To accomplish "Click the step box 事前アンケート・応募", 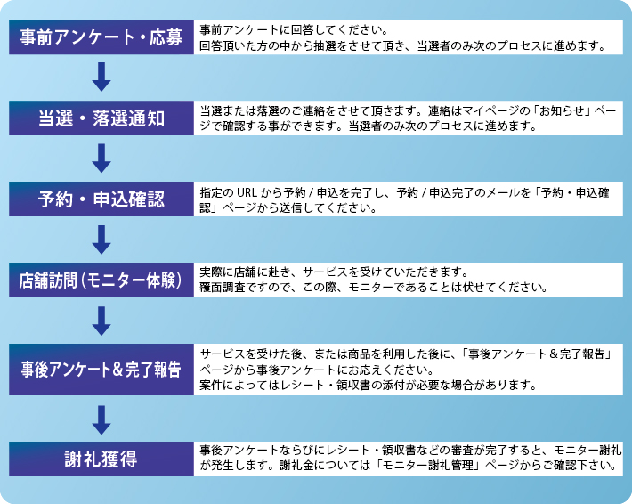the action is point(101,37).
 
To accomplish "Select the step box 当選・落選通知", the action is point(101,118).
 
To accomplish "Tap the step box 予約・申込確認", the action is point(101,199).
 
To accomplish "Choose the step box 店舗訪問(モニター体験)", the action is point(101,280).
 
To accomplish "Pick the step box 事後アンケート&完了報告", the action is point(101,370).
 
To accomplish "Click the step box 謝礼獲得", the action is point(101,459).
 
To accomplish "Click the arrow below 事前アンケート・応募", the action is point(101,77).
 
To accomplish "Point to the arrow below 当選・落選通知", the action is point(101,158).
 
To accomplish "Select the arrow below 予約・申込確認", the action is point(101,240).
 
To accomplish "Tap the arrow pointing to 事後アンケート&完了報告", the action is point(101,321).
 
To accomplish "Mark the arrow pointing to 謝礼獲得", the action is point(101,420).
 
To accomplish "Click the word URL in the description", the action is point(247,192).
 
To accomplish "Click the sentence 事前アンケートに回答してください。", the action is point(294,30).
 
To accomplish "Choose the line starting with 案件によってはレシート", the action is point(369,385).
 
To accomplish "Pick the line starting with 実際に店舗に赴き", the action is point(334,272).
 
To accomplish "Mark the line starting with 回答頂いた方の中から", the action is point(403,45).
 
